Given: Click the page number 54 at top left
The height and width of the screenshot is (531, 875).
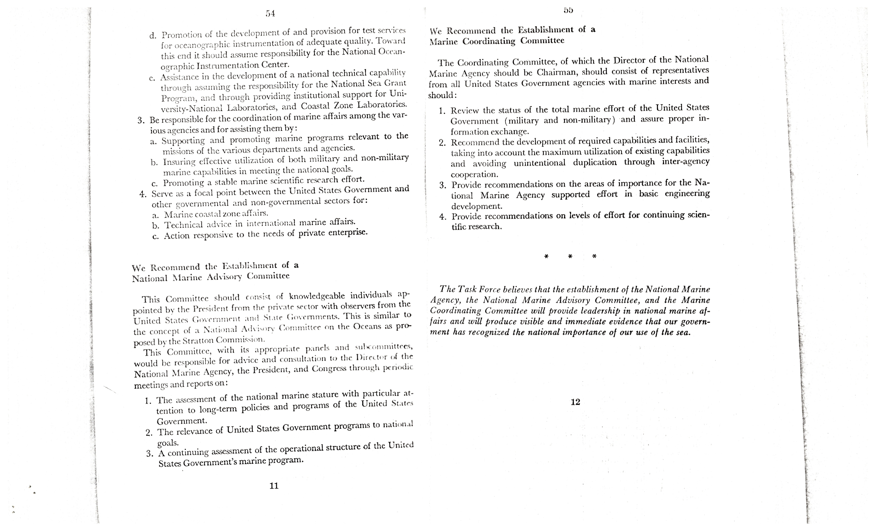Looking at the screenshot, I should [270, 14].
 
